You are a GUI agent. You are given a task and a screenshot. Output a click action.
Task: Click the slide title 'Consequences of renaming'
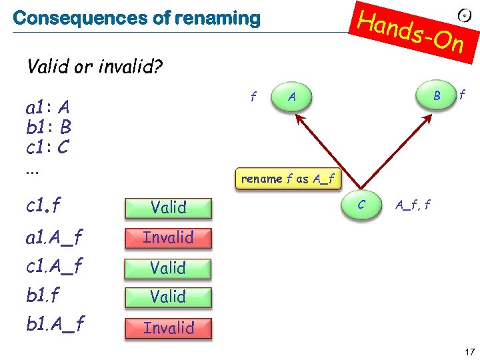pos(136,18)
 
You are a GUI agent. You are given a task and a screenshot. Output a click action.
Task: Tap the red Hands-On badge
pos(411,31)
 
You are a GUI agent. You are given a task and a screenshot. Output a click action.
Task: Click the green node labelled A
pos(291,97)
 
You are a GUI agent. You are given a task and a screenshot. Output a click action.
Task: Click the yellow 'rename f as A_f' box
pos(289,179)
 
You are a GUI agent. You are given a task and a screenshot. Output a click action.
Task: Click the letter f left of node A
pos(253,97)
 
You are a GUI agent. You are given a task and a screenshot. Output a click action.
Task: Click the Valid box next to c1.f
pos(169,207)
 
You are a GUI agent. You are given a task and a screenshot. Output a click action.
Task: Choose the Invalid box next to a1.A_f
pos(169,237)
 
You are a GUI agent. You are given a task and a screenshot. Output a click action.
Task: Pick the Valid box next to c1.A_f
pos(169,268)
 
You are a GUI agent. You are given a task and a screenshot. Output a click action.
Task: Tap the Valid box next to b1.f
pos(169,297)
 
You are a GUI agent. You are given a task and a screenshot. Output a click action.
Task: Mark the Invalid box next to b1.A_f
pos(169,327)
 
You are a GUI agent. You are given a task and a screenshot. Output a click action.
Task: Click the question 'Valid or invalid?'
pos(95,67)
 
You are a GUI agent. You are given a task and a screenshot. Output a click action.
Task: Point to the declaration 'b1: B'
pos(49,127)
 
